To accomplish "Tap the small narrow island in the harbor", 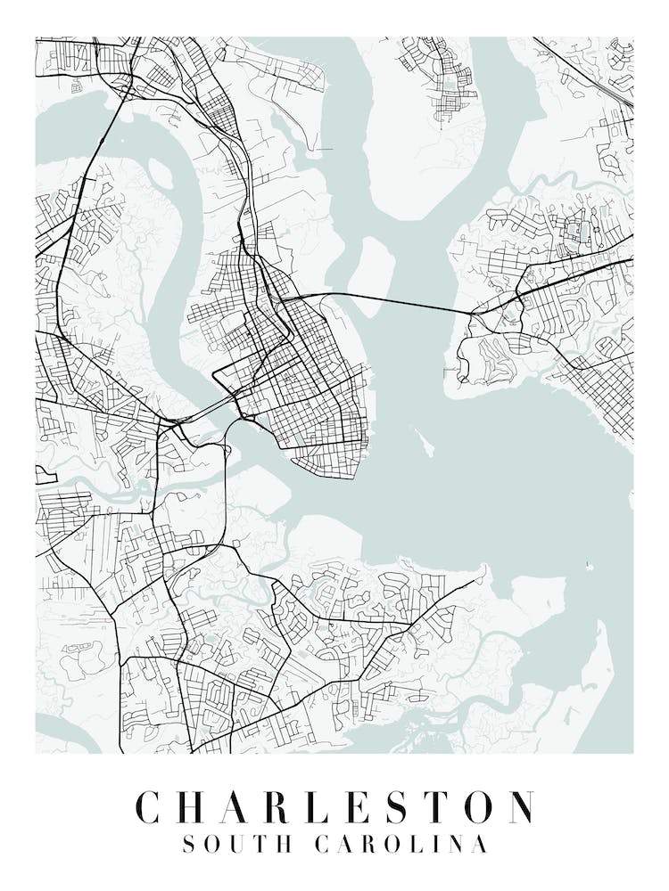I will coord(418,442).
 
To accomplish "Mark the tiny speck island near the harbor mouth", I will coord(589,564).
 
